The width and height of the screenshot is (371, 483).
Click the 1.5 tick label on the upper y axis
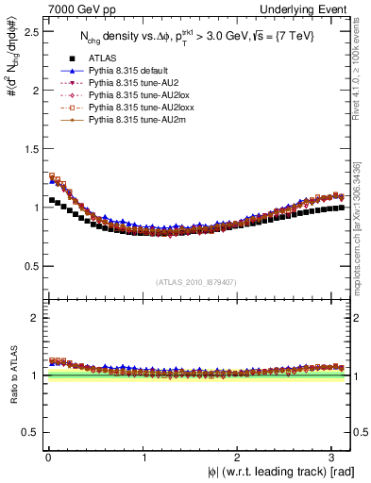point(28,148)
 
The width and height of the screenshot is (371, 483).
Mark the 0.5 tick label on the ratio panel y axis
point(28,432)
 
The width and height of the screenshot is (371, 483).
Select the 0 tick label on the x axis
point(47,458)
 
